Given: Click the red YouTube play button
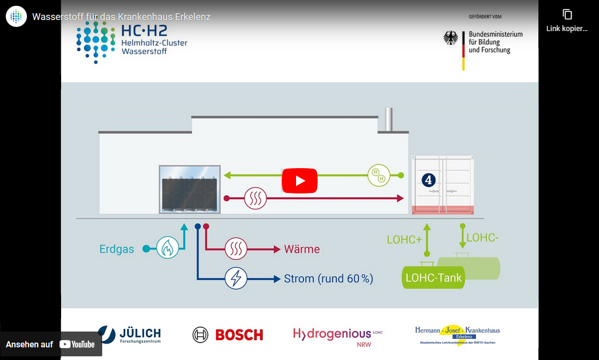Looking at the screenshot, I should [300, 181].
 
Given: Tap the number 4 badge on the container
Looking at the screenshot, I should [428, 180].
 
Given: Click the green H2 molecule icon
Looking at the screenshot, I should [379, 175].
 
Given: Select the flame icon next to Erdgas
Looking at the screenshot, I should [168, 247].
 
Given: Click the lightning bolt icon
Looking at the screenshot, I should [236, 278].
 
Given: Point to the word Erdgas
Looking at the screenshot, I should [116, 249].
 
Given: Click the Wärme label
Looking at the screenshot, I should [302, 249].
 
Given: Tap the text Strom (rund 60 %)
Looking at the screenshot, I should [328, 279].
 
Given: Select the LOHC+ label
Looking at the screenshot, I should [404, 240].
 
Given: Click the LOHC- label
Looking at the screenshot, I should [482, 238].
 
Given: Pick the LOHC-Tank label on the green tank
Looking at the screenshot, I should [434, 278].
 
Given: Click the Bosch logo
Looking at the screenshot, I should [228, 335].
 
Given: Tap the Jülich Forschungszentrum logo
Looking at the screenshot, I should [130, 335].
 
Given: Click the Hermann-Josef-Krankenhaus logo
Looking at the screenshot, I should [457, 335].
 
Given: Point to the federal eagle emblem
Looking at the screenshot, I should [450, 38].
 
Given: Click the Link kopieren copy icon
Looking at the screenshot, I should [567, 15].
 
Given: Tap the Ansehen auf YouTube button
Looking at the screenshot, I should [51, 344].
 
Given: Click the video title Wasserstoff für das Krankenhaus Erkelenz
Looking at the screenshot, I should [121, 17].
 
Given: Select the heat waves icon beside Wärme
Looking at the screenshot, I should [236, 249].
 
